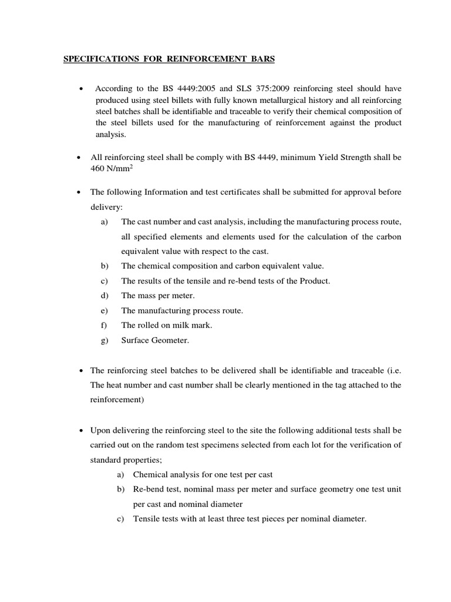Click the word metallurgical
pos(258,100)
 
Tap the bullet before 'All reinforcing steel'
pos(79,158)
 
